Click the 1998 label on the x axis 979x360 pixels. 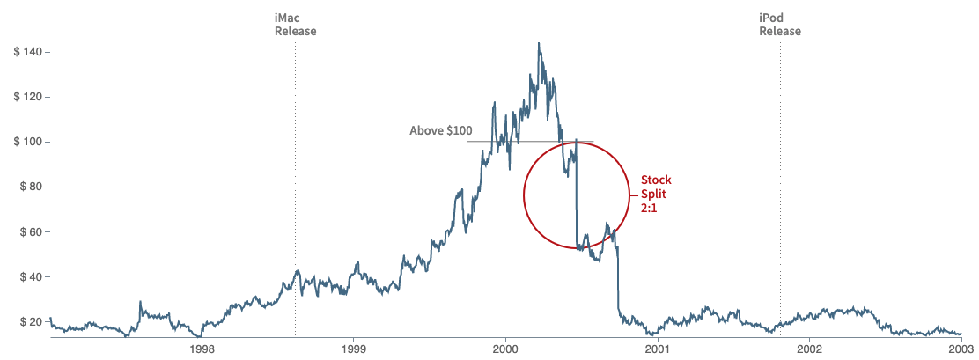(x=202, y=349)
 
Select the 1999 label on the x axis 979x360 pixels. (x=354, y=349)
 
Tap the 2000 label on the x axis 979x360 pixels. (x=505, y=349)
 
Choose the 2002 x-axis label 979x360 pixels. (x=809, y=349)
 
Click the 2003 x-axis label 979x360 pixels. (x=960, y=349)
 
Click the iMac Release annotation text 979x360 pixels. (x=295, y=24)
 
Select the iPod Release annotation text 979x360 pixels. (x=780, y=24)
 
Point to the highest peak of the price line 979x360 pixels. (x=539, y=43)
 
